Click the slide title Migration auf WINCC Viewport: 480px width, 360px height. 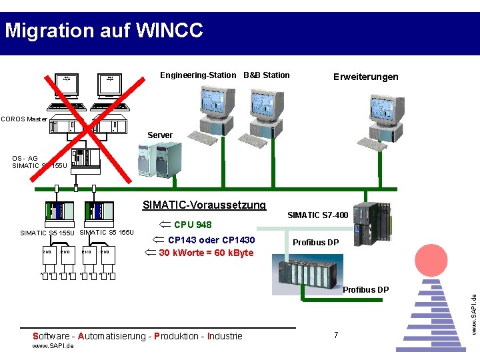coord(103,31)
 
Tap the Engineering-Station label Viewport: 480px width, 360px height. coord(197,75)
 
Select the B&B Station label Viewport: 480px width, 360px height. coord(267,75)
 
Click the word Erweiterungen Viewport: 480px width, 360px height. coord(365,77)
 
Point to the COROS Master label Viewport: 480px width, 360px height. coord(24,119)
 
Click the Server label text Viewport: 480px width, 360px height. coord(160,135)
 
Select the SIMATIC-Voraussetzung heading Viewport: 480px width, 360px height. coord(204,205)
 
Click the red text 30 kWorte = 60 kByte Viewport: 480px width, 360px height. coord(206,253)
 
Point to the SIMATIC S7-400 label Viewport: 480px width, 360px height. coord(317,215)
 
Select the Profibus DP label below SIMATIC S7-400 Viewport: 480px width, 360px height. coord(316,242)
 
